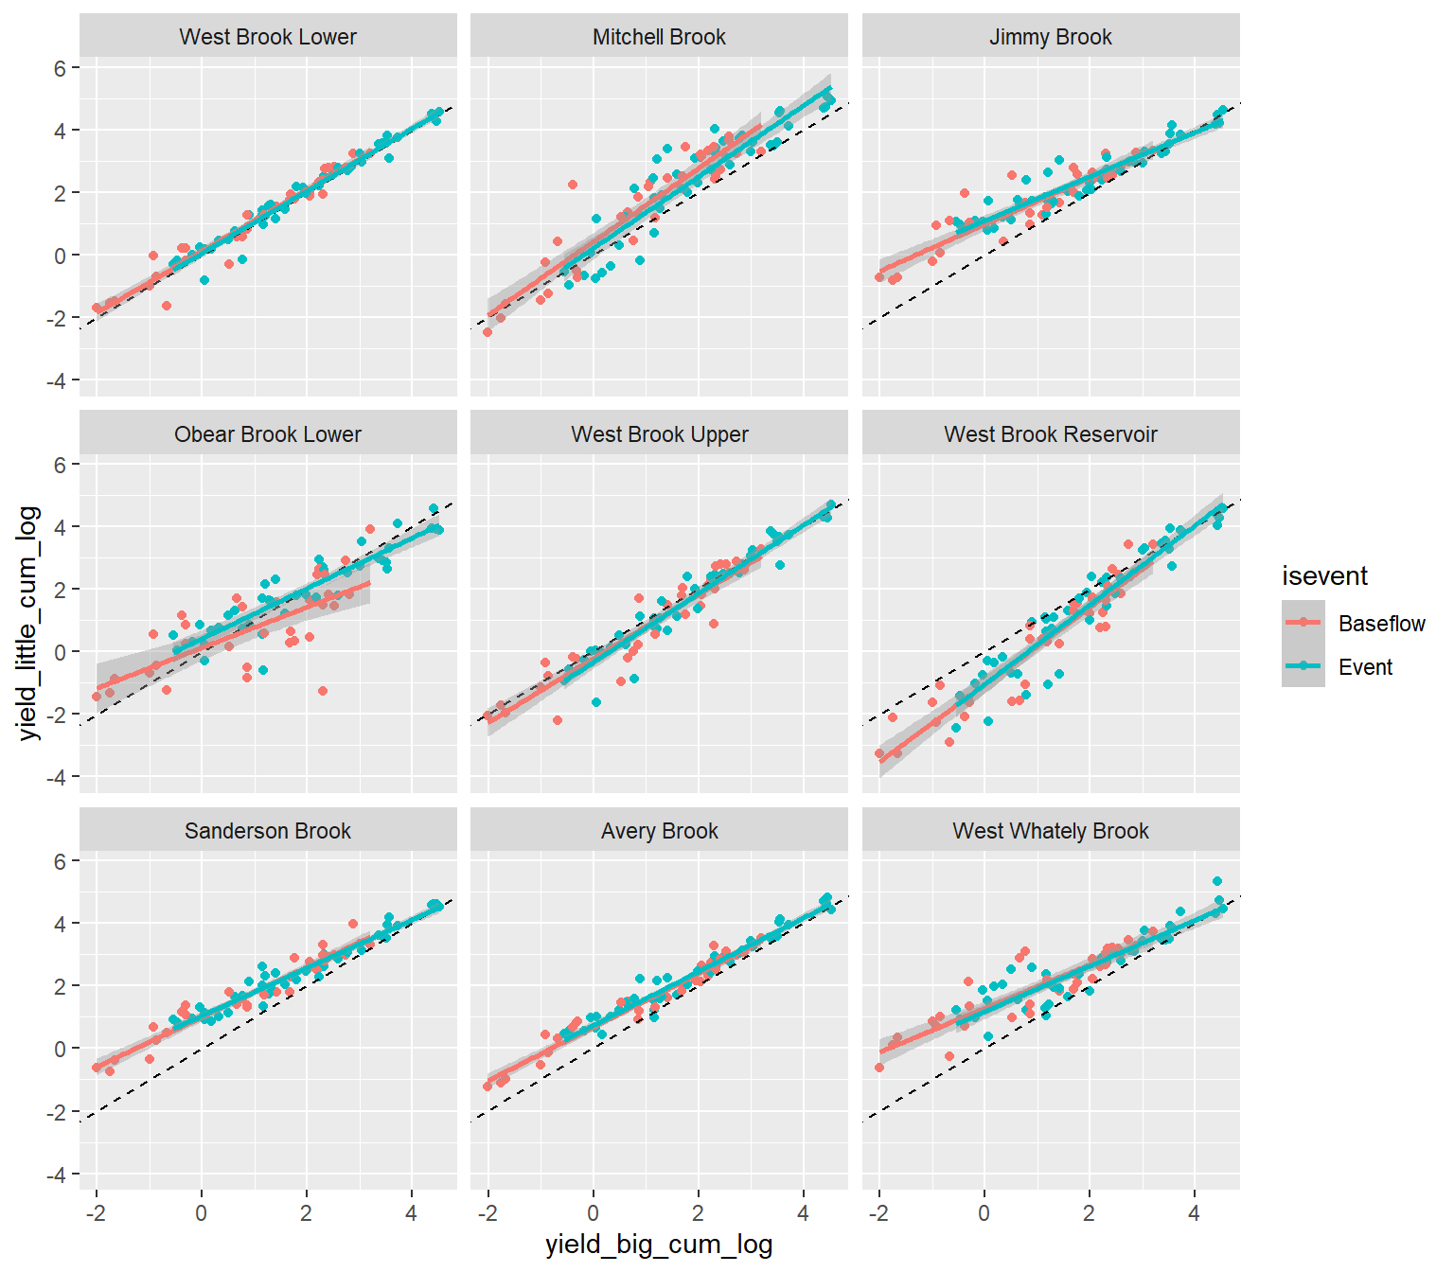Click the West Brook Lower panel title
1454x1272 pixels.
(268, 37)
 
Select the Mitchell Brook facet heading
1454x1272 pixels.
(659, 37)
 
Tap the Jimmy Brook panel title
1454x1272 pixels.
(1050, 37)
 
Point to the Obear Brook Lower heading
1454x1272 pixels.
(268, 434)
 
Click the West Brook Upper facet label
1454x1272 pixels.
(659, 434)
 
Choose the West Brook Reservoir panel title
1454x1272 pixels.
(1050, 434)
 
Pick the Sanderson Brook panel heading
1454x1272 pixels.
(268, 831)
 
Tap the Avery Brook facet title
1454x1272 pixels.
(659, 831)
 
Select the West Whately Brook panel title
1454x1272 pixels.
(1050, 831)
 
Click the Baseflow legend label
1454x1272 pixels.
(1381, 624)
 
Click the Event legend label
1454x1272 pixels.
(1365, 667)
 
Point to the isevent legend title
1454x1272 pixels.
(1324, 575)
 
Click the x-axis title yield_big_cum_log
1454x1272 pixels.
(659, 1245)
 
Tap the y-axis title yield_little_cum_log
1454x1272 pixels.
(29, 623)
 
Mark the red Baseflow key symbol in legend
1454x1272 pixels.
(1303, 623)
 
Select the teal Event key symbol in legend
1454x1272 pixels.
(1303, 666)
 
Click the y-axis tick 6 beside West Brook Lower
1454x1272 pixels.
(61, 68)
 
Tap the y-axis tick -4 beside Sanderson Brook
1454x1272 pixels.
(57, 1175)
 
